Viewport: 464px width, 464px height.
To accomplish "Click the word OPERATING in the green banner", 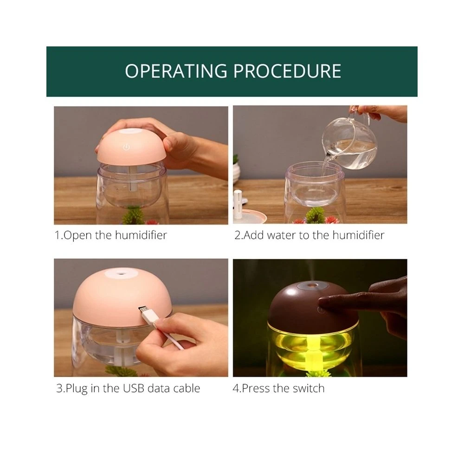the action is tap(176, 71).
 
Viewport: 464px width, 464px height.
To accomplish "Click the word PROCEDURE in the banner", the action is tap(287, 71).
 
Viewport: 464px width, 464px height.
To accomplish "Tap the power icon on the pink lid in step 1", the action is tap(126, 147).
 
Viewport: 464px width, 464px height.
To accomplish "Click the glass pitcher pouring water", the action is tap(349, 142).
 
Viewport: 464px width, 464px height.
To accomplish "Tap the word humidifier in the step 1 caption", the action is tap(141, 235).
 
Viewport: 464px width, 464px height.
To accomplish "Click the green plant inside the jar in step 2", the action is tap(315, 215).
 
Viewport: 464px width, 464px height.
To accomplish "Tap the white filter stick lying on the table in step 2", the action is tap(238, 204).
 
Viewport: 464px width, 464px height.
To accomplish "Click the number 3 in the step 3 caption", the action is tap(59, 388).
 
